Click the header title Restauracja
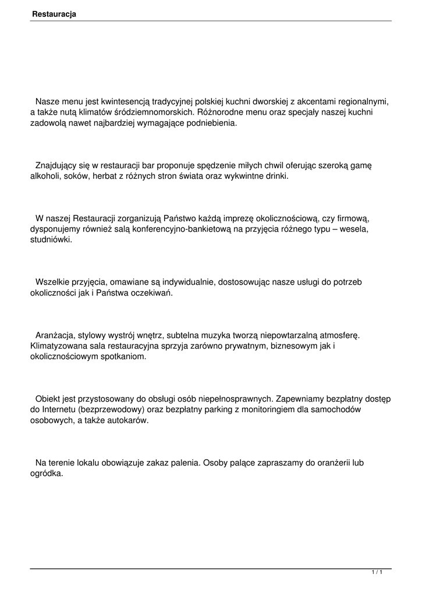54,13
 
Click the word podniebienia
213,123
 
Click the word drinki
275,176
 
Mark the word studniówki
51,240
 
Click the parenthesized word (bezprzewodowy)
110,410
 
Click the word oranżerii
329,463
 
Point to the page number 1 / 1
377,573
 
